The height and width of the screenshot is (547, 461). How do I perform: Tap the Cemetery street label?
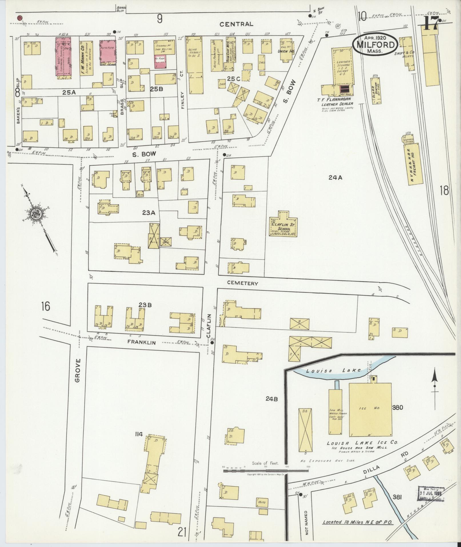(x=243, y=283)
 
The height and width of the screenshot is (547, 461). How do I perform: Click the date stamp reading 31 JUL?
(x=432, y=494)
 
